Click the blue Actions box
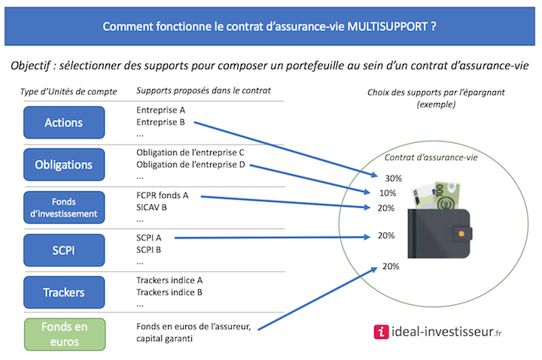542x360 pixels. pyautogui.click(x=64, y=123)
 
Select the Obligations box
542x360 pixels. pyautogui.click(x=64, y=165)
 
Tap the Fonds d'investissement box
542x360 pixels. pyautogui.click(x=64, y=208)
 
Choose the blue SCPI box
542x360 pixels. pyautogui.click(x=64, y=250)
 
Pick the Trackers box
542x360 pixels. pyautogui.click(x=64, y=292)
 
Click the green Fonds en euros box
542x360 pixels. pyautogui.click(x=65, y=334)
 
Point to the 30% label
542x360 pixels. pyautogui.click(x=394, y=178)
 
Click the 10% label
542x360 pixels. pyautogui.click(x=388, y=194)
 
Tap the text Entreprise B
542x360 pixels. pyautogui.click(x=160, y=122)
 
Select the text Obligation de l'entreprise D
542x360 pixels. pyautogui.click(x=190, y=165)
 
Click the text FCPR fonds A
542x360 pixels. pyautogui.click(x=162, y=195)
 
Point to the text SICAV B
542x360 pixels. pyautogui.click(x=151, y=208)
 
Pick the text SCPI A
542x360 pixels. pyautogui.click(x=148, y=238)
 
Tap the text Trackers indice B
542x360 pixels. pyautogui.click(x=169, y=292)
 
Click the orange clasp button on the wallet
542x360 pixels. pyautogui.click(x=461, y=234)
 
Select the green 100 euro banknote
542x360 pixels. pyautogui.click(x=447, y=196)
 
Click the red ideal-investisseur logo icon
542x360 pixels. pyautogui.click(x=381, y=332)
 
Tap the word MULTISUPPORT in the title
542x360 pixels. pyautogui.click(x=388, y=26)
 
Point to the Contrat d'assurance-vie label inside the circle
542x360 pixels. pyautogui.click(x=431, y=157)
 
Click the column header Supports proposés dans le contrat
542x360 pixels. pyautogui.click(x=203, y=91)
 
